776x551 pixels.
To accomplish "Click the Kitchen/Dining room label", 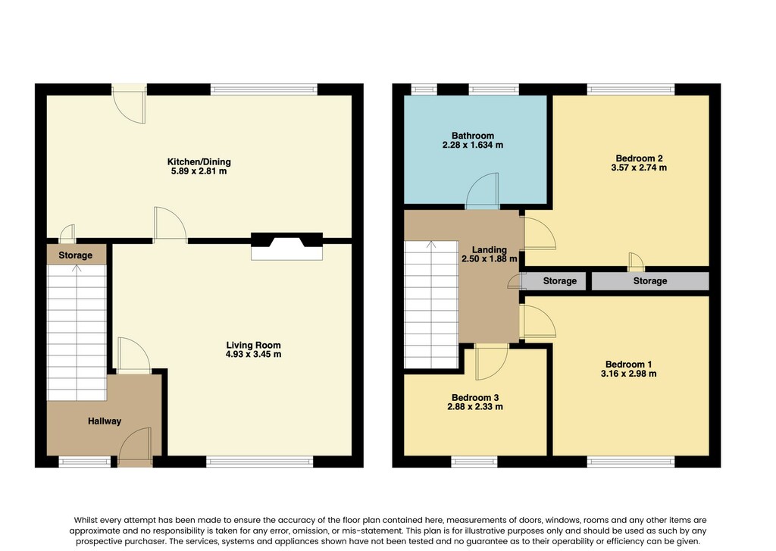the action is pos(199,162).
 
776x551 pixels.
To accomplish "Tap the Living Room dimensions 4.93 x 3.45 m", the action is pos(253,355).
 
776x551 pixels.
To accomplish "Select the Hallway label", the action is pos(105,421).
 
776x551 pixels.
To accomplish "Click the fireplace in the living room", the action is pos(287,246).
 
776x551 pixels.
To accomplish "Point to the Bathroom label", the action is pos(473,136).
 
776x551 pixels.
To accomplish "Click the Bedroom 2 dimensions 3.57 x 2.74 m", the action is pos(639,167).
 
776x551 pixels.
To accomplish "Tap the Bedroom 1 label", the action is pos(628,365).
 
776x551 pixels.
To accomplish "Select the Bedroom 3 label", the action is pos(475,398).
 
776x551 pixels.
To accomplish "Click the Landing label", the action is pos(489,250).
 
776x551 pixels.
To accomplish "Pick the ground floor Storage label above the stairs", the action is pos(75,255).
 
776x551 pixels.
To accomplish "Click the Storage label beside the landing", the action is pos(560,281).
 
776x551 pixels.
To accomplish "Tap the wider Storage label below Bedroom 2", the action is pos(650,281).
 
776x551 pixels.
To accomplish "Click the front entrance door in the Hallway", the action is pos(135,447).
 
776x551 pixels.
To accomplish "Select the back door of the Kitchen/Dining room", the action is pos(130,104).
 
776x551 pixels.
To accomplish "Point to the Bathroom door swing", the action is pos(483,191).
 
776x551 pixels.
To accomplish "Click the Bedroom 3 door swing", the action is pos(491,362).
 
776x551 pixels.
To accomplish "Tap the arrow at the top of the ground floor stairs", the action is pos(77,268).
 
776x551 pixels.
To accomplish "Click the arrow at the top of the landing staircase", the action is pos(431,245).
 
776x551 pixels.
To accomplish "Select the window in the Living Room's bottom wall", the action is pos(260,462).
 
